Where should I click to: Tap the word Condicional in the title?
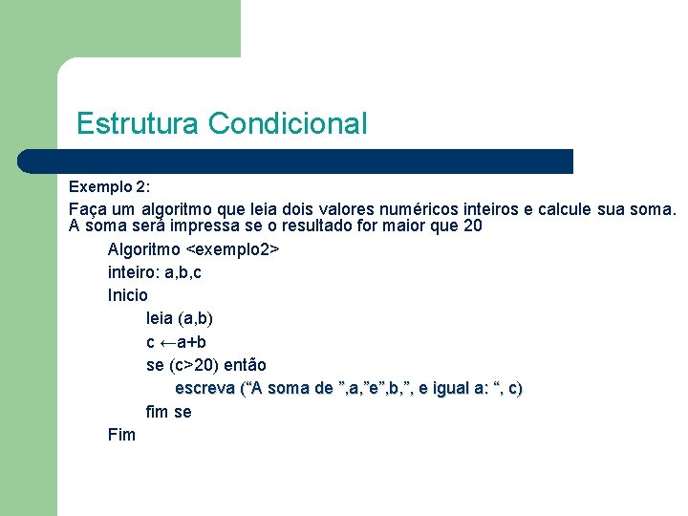[x=288, y=124]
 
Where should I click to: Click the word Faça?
[x=89, y=208]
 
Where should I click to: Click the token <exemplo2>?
[x=231, y=250]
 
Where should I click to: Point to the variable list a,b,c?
[x=183, y=273]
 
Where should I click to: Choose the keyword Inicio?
[x=128, y=296]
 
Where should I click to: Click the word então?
[x=245, y=365]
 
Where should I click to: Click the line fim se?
[x=168, y=412]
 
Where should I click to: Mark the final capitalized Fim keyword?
[x=122, y=435]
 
